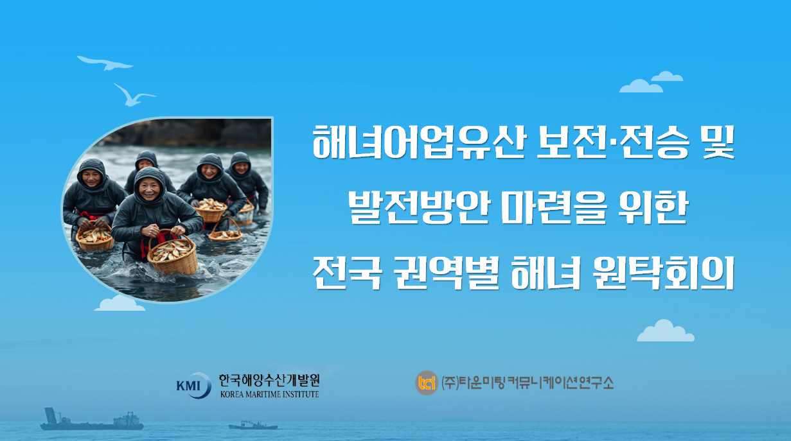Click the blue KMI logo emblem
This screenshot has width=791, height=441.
coord(193,385)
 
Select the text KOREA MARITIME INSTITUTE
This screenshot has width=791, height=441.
coord(269,394)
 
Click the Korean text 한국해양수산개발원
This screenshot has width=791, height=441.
coord(269,380)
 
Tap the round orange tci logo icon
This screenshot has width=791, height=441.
coord(426,383)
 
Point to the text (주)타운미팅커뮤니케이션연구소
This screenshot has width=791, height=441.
coord(528,383)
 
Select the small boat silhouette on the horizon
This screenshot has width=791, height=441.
coord(253,425)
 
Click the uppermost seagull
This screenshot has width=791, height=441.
coord(105,62)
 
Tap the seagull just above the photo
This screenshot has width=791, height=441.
coord(133,95)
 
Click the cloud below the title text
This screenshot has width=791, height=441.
coord(665,331)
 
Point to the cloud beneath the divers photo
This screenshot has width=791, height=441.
coord(120,304)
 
